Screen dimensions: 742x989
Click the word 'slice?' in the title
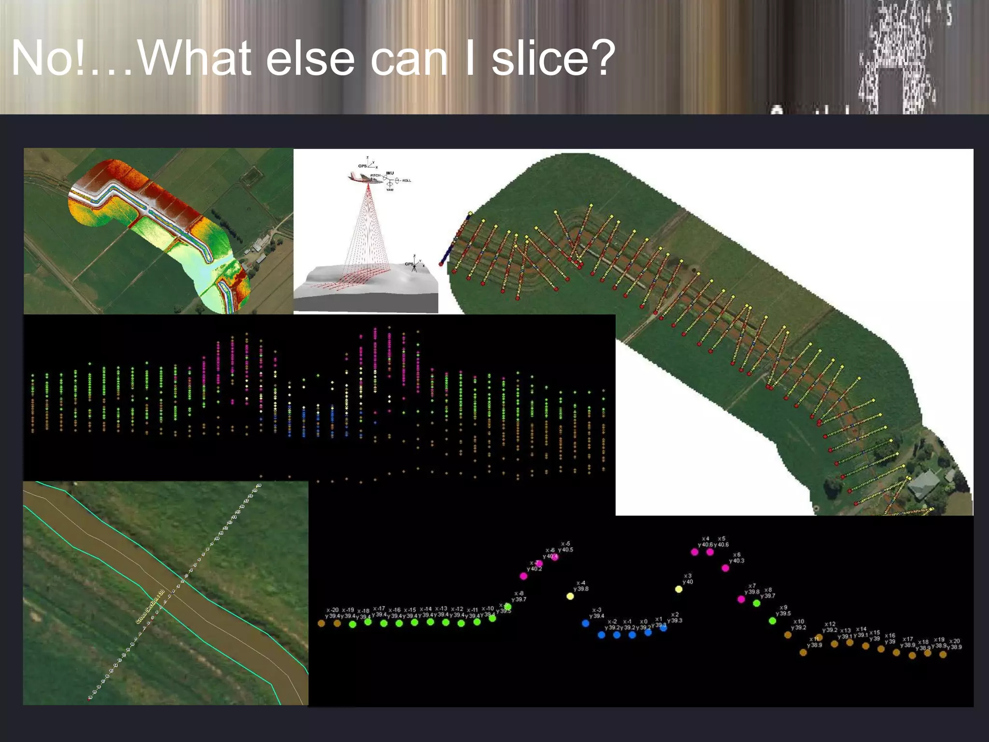553,58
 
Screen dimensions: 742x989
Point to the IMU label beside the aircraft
390,173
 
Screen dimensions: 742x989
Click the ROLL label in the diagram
407,181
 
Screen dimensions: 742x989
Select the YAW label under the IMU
390,190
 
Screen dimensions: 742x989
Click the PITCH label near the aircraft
375,175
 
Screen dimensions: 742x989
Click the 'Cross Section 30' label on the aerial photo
150,606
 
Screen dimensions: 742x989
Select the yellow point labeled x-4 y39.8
570,596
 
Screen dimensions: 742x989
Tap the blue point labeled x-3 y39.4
586,623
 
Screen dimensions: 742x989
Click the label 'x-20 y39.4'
332,613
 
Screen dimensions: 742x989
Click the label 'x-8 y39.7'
519,596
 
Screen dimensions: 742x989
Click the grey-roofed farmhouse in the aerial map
924,483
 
